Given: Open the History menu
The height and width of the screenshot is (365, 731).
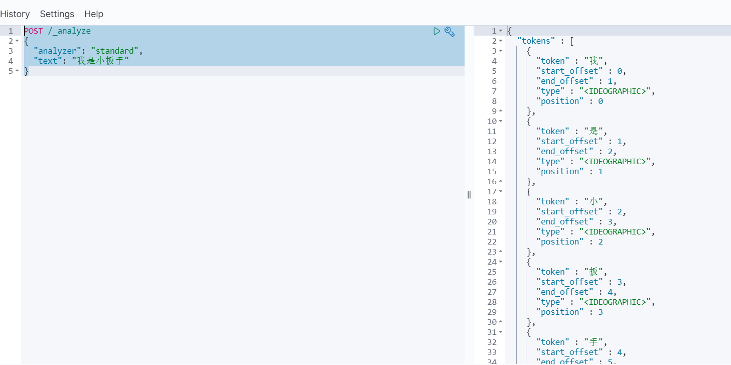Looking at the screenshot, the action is [15, 14].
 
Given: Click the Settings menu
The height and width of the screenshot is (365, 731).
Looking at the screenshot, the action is [57, 14].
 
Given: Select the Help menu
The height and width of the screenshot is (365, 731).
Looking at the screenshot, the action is [94, 14].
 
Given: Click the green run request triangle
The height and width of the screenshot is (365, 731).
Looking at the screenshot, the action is [436, 31].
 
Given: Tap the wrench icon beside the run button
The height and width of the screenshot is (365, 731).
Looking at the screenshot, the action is [450, 32].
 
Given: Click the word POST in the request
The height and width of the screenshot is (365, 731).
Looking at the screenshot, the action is [34, 31].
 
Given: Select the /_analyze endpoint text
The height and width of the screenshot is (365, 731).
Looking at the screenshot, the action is [70, 31].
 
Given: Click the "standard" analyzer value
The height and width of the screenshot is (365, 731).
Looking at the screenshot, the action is [114, 51].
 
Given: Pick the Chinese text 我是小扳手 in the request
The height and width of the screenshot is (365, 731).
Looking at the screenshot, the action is [100, 61].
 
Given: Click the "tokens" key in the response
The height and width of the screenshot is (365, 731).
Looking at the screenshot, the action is [536, 41].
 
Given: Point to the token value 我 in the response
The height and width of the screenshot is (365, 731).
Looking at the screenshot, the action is [594, 61].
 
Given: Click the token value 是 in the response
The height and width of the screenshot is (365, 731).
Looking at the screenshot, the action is [594, 131].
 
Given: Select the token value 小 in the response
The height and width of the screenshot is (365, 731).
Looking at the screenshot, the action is [594, 201].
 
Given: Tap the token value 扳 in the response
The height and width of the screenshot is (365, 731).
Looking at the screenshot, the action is [594, 272].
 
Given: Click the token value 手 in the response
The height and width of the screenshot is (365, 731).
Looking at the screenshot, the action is [594, 342].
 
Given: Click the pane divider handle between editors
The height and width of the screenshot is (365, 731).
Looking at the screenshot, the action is [469, 195].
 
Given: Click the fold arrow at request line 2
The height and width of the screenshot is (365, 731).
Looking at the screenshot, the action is [17, 41].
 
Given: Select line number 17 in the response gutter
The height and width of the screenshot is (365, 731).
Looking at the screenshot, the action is [492, 192].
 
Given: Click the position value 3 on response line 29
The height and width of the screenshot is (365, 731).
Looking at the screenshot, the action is [601, 312].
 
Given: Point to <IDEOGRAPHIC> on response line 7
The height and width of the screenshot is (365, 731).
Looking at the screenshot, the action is [615, 91].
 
